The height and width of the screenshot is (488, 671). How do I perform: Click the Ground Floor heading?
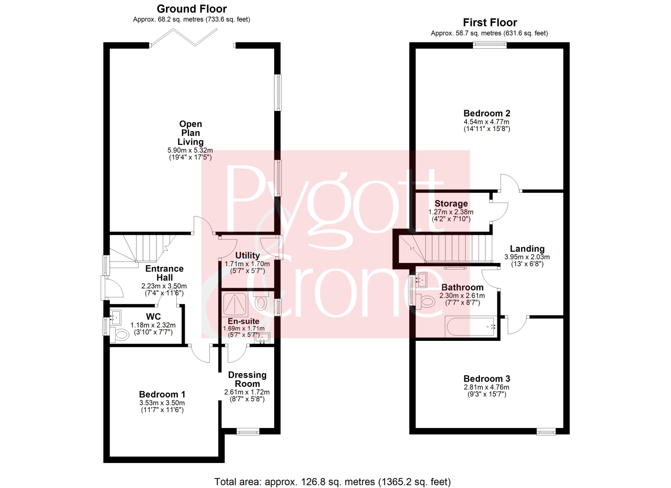[192, 9]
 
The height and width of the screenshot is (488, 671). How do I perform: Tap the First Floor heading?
[490, 22]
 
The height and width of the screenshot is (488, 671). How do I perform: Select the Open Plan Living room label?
[191, 133]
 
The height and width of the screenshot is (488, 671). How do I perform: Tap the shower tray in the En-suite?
[235, 305]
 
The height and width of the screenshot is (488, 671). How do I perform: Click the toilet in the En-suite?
[260, 301]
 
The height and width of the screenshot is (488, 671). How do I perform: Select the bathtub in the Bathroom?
[471, 327]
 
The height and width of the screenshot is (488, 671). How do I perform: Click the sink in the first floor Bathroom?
[421, 280]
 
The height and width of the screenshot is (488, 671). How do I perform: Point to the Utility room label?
[247, 255]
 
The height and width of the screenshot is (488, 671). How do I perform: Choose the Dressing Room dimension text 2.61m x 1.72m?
[247, 392]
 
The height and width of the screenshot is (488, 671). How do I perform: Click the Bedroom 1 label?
[162, 394]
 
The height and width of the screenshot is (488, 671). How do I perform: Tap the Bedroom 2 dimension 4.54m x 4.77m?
[487, 122]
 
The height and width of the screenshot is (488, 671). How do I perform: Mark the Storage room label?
[451, 204]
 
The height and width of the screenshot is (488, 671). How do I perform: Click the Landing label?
[527, 249]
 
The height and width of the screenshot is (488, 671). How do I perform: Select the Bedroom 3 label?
[487, 379]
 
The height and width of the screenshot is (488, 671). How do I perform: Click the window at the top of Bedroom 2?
[490, 45]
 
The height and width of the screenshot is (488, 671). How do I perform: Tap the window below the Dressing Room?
[248, 432]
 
